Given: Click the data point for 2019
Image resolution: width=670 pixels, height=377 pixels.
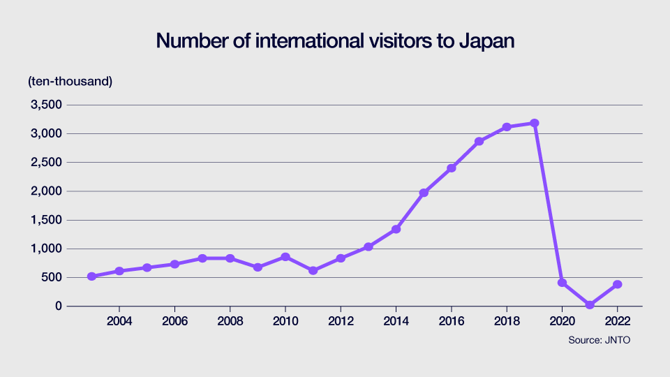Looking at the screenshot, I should [535, 123].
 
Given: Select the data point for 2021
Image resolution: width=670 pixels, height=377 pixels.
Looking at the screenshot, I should [590, 305].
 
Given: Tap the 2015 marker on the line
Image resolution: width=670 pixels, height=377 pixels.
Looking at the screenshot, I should [424, 193].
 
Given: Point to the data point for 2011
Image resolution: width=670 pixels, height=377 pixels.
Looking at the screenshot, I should [313, 270].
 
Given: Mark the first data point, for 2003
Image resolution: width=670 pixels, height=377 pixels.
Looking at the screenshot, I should [91, 276].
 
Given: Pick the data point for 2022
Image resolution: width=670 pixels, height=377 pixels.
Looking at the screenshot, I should [618, 284].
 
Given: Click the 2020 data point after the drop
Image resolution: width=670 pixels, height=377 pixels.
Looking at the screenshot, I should [562, 283].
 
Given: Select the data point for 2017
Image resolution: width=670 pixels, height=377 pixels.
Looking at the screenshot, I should [479, 141].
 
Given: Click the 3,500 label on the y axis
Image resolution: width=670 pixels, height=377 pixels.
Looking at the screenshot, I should [45, 105].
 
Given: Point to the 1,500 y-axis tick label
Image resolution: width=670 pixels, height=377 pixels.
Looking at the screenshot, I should [45, 220].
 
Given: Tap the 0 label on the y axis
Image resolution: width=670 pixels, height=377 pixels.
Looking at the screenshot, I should [59, 306].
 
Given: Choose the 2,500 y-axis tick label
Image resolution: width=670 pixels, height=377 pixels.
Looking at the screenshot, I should [45, 162].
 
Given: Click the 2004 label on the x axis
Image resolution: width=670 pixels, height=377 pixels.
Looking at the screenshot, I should [119, 321].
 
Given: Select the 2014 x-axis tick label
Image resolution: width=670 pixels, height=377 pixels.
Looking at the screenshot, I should [396, 321].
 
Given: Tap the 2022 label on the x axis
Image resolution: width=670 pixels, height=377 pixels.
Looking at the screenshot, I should [618, 321].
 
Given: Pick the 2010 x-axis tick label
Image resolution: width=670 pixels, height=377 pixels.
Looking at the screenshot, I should [285, 321].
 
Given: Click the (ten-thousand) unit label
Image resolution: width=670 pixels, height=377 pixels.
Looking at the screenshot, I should [70, 81].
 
